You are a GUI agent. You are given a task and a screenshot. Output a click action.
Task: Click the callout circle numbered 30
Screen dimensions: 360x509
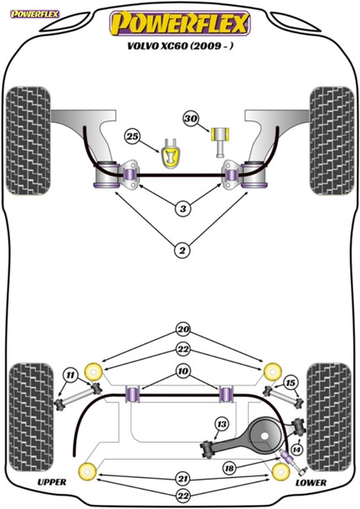click(x=191, y=119)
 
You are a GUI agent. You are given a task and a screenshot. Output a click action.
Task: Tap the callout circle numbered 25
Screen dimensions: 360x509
click(x=132, y=136)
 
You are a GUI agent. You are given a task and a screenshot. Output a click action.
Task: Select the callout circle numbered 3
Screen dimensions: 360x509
click(x=183, y=208)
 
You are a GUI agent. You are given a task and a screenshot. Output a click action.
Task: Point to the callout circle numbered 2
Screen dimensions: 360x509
click(x=183, y=250)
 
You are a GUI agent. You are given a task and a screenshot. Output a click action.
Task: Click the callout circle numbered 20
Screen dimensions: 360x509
click(x=183, y=330)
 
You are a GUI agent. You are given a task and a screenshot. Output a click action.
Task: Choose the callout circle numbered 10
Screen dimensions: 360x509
click(x=183, y=371)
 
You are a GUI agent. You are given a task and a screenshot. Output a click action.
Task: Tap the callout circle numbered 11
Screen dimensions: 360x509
click(x=70, y=376)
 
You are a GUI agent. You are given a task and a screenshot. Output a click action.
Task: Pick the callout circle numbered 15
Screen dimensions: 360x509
click(x=291, y=383)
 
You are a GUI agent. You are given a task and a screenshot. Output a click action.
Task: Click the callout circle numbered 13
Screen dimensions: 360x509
click(x=222, y=424)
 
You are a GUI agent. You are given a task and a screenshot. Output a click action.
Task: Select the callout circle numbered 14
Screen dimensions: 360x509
click(x=296, y=450)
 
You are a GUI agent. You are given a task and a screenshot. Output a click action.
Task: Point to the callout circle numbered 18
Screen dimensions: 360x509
click(x=229, y=468)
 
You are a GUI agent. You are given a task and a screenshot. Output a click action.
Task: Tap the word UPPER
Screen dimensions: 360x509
click(x=52, y=482)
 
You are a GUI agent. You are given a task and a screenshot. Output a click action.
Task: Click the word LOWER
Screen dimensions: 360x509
click(x=311, y=483)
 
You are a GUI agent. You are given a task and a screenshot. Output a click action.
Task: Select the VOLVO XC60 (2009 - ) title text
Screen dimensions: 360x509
click(x=180, y=46)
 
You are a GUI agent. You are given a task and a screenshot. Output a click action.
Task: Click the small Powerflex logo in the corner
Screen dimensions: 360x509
click(x=34, y=14)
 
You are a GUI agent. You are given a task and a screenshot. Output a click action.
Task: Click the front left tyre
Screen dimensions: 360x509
click(x=28, y=141)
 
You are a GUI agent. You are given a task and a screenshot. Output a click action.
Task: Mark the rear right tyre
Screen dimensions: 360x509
click(x=329, y=417)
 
